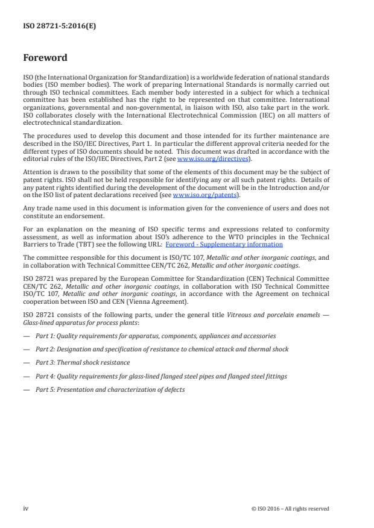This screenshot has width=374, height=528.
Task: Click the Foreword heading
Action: pyautogui.click(x=45, y=58)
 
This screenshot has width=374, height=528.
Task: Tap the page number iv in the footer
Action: pyautogui.click(x=26, y=508)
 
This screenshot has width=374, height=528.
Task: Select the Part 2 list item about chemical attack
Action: pyautogui.click(x=162, y=349)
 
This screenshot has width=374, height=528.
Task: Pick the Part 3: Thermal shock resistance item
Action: pyautogui.click(x=83, y=363)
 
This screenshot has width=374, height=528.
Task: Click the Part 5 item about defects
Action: pyautogui.click(x=110, y=389)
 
